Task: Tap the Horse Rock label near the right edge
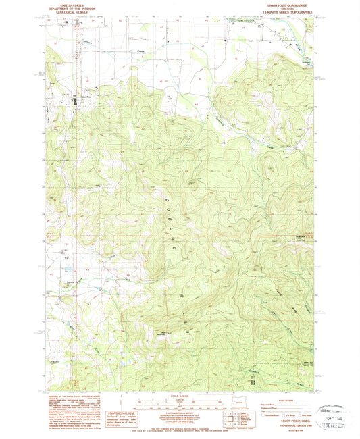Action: click(x=298, y=236)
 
